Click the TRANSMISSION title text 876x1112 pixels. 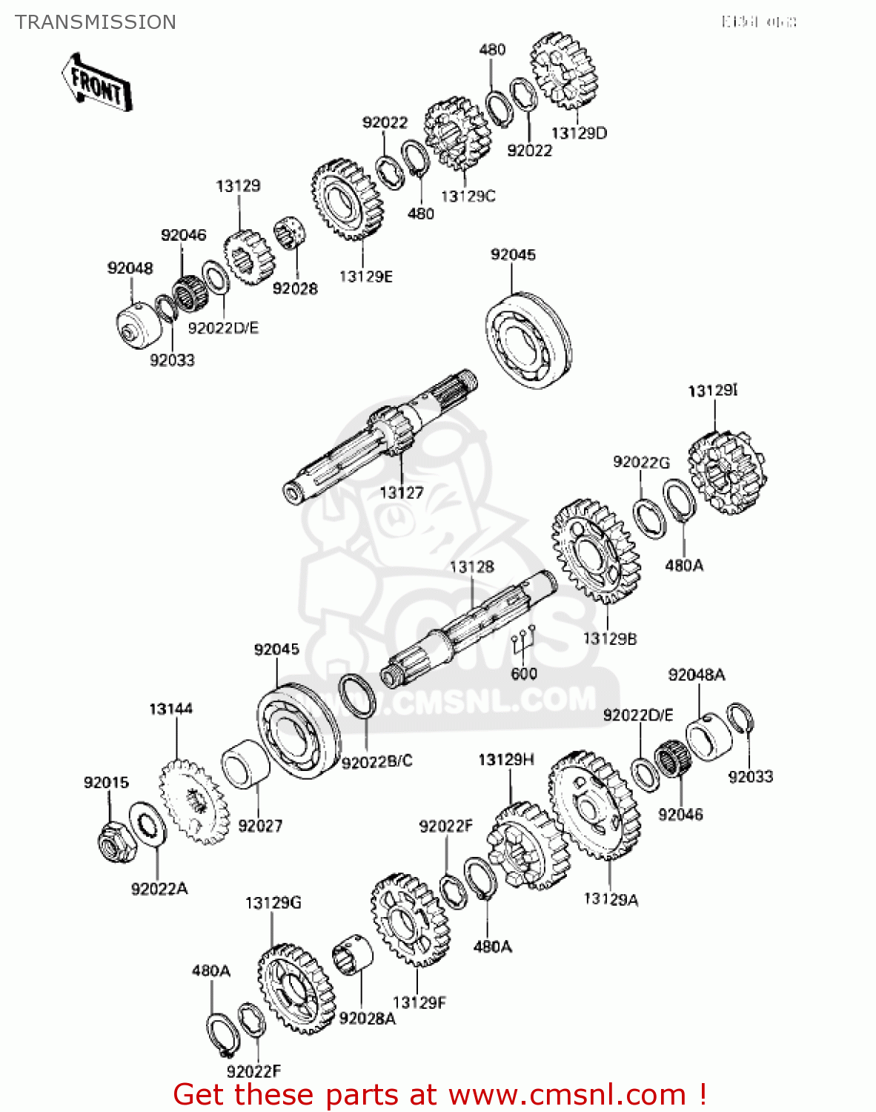coord(96,22)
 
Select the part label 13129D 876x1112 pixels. coord(579,133)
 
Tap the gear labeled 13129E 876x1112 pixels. coord(347,199)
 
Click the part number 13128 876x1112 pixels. coord(471,567)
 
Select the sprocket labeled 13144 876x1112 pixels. coord(193,802)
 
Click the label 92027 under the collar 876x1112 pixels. coord(260,826)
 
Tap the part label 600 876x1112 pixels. coord(524,674)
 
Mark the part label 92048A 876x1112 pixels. coord(697,675)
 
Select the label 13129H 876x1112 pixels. coord(506,760)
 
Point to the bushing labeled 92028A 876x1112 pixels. coord(352,964)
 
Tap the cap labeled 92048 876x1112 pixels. coord(137,326)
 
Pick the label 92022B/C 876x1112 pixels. coord(376,762)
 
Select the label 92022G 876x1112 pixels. coord(641,463)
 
